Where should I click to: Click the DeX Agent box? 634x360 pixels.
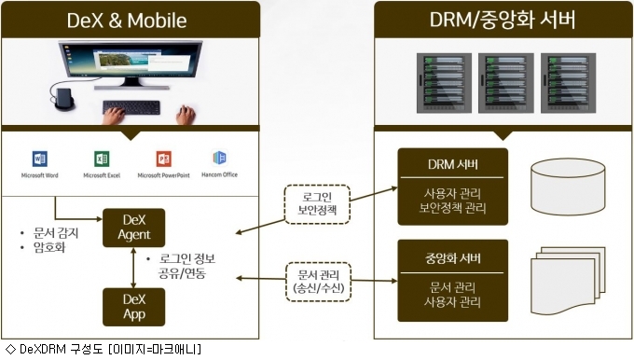point(134,228)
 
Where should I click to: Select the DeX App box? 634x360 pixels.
point(134,307)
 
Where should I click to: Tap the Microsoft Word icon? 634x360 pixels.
point(39,159)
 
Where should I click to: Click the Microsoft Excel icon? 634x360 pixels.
point(102,159)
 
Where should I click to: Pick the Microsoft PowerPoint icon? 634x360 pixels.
point(164,159)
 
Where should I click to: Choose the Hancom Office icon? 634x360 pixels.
point(219,158)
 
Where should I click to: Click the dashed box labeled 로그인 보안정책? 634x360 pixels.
point(317,204)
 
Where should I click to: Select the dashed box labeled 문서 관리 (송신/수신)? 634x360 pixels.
point(318,282)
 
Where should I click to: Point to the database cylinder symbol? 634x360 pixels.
point(568,187)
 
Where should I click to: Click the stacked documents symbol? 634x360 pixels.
point(568,281)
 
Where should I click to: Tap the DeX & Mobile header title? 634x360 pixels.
point(127,21)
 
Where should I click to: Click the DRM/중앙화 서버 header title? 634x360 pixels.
point(503,20)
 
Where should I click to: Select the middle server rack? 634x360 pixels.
point(506,83)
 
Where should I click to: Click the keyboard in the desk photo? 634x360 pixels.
point(131,107)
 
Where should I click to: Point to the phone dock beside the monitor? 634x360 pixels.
point(64,99)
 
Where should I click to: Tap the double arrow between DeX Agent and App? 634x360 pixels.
point(133,268)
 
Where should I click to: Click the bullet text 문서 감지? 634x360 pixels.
point(56,233)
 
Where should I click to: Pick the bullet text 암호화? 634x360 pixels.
point(49,247)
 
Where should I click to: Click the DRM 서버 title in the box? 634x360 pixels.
point(453,164)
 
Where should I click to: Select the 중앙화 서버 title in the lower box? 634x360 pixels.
point(453,258)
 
